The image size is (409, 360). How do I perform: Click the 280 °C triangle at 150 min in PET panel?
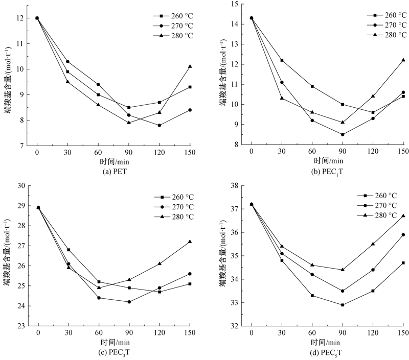[x=190, y=66]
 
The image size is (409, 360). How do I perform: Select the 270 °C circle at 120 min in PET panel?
[x=160, y=125]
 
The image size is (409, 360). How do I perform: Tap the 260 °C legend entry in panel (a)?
[x=176, y=15]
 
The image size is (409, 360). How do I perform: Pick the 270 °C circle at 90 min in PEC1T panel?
[x=343, y=135]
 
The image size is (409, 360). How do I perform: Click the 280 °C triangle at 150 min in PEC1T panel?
[x=403, y=60]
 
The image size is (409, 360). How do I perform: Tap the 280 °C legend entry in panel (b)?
[x=389, y=35]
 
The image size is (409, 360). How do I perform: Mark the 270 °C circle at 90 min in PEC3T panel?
[x=129, y=302]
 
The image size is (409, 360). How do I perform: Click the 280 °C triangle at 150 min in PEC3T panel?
[x=190, y=242]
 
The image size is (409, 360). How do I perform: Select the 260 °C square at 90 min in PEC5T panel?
[x=343, y=305]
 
